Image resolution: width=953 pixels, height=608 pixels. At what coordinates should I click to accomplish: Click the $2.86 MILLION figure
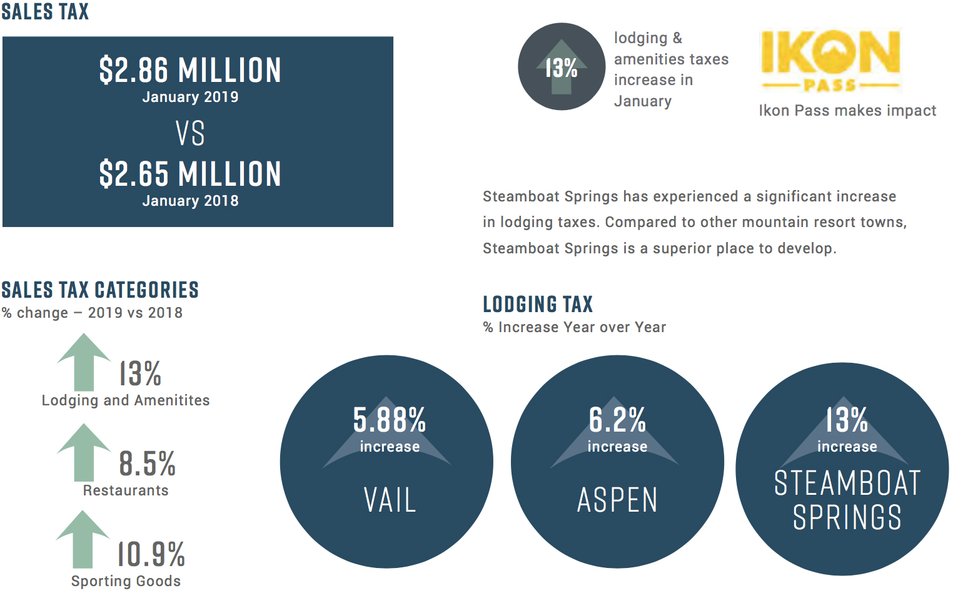[x=190, y=70]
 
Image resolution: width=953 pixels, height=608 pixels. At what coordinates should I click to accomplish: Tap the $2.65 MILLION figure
[x=190, y=174]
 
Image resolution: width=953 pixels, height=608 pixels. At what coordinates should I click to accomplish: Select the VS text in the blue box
[x=190, y=134]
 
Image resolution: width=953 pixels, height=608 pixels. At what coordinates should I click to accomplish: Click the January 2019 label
[x=190, y=97]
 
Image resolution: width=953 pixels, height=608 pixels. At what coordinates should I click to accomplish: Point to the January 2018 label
[x=190, y=201]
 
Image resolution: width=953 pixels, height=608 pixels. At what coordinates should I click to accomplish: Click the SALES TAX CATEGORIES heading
[x=100, y=290]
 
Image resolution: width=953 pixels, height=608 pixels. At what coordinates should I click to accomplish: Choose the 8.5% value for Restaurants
[x=147, y=464]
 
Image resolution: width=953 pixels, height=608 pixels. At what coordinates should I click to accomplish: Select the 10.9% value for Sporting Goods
[x=151, y=554]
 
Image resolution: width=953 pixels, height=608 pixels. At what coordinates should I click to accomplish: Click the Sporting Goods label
[x=126, y=581]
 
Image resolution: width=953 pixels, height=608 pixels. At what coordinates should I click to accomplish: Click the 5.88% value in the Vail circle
[x=389, y=420]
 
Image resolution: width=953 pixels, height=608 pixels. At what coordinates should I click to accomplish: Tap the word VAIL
[x=390, y=500]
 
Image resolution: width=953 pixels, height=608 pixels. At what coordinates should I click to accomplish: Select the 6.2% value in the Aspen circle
[x=617, y=420]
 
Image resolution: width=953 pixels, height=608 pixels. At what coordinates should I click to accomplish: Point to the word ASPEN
[x=617, y=500]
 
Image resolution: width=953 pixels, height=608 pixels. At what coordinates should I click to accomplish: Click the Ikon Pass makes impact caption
[x=847, y=111]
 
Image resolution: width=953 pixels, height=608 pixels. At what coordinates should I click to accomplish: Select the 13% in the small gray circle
[x=561, y=68]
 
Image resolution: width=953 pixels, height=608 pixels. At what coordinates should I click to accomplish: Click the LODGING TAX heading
[x=538, y=305]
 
